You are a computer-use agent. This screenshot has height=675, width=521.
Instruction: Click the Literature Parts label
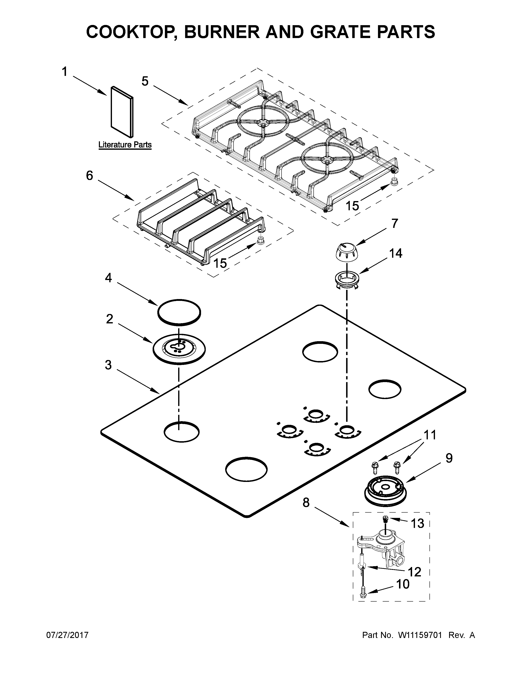click(x=125, y=145)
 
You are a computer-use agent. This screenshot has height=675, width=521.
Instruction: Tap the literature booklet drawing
click(x=122, y=112)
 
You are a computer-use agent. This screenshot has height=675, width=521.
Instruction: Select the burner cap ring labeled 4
click(x=179, y=312)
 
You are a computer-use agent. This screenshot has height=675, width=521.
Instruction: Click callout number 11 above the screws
click(x=430, y=435)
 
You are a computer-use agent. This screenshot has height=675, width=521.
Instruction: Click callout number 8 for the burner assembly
click(x=306, y=503)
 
